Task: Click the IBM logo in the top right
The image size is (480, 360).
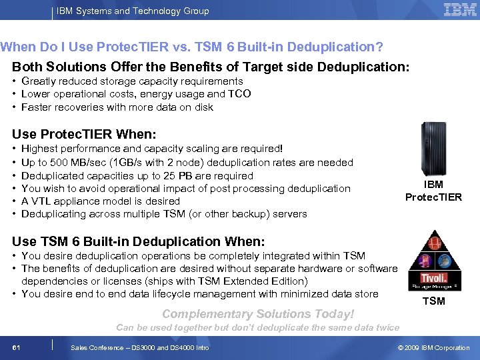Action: [x=459, y=10]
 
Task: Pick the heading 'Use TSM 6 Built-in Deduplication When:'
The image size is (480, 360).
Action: [x=139, y=241]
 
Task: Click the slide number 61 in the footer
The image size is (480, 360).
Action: [x=16, y=347]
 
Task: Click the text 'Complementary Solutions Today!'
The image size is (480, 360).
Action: [x=258, y=314]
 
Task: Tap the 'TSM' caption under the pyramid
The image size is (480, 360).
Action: [x=433, y=301]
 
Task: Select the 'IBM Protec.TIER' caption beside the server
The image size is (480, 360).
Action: [x=433, y=191]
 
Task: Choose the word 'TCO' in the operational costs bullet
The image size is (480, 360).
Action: [x=239, y=94]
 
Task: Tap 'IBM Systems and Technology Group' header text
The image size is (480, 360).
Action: [x=133, y=11]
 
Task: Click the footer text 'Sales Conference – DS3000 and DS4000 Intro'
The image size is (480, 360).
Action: [x=139, y=347]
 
